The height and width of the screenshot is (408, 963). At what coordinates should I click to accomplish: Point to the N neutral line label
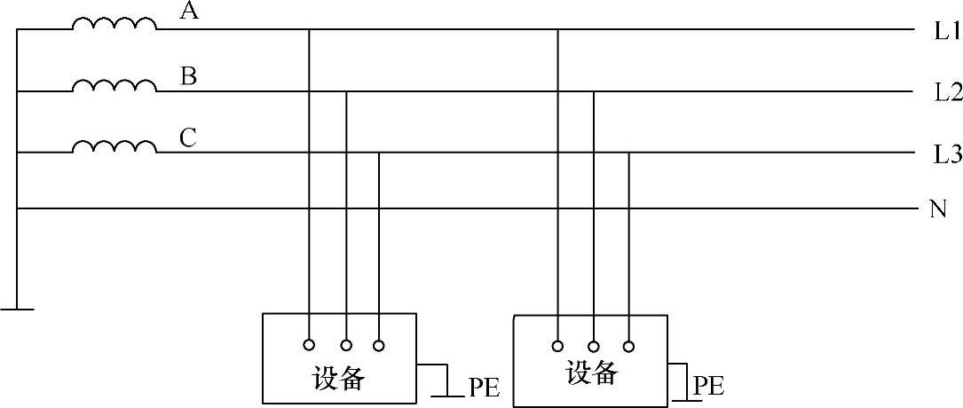(x=937, y=210)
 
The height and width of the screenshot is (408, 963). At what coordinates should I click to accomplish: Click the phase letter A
(x=188, y=12)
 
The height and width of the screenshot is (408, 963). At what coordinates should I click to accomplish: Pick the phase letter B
(x=188, y=76)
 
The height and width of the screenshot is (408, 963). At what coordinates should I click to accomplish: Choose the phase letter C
(x=188, y=138)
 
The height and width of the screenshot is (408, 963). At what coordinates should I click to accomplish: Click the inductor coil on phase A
(x=114, y=24)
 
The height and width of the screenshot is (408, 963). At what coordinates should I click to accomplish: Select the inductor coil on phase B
(x=114, y=85)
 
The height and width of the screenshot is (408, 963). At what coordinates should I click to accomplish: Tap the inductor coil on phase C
(x=114, y=146)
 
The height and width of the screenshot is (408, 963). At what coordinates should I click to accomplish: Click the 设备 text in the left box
(x=339, y=379)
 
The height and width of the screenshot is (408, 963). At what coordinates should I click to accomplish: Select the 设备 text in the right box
(x=592, y=373)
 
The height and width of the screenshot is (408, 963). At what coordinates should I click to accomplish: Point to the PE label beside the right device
(x=708, y=386)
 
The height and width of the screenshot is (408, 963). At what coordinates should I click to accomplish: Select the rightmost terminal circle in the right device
(x=629, y=346)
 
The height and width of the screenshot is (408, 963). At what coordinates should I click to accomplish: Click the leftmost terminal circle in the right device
(x=557, y=346)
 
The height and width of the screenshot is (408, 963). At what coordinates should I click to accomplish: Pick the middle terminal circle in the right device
(x=593, y=346)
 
